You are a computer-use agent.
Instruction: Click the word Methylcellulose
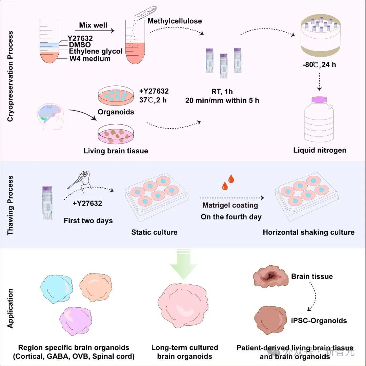point(175,21)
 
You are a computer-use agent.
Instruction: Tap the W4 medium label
point(89,58)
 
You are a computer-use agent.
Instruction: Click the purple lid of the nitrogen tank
point(320,99)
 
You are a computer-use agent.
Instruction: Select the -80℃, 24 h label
point(320,64)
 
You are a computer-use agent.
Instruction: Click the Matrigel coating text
point(230,205)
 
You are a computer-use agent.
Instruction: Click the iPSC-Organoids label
point(319,320)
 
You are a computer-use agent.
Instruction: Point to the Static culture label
point(154,232)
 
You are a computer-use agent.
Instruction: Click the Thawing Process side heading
point(11,205)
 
